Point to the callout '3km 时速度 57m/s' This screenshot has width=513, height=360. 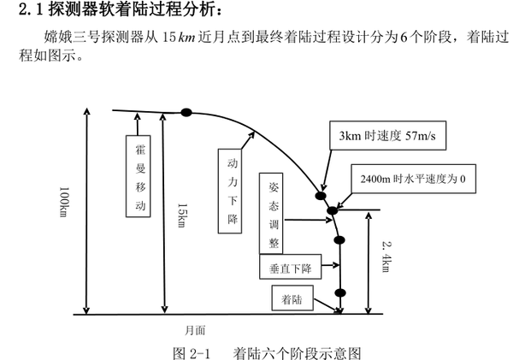(386, 135)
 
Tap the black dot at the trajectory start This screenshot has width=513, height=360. (186, 111)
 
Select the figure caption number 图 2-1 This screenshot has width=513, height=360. (192, 349)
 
